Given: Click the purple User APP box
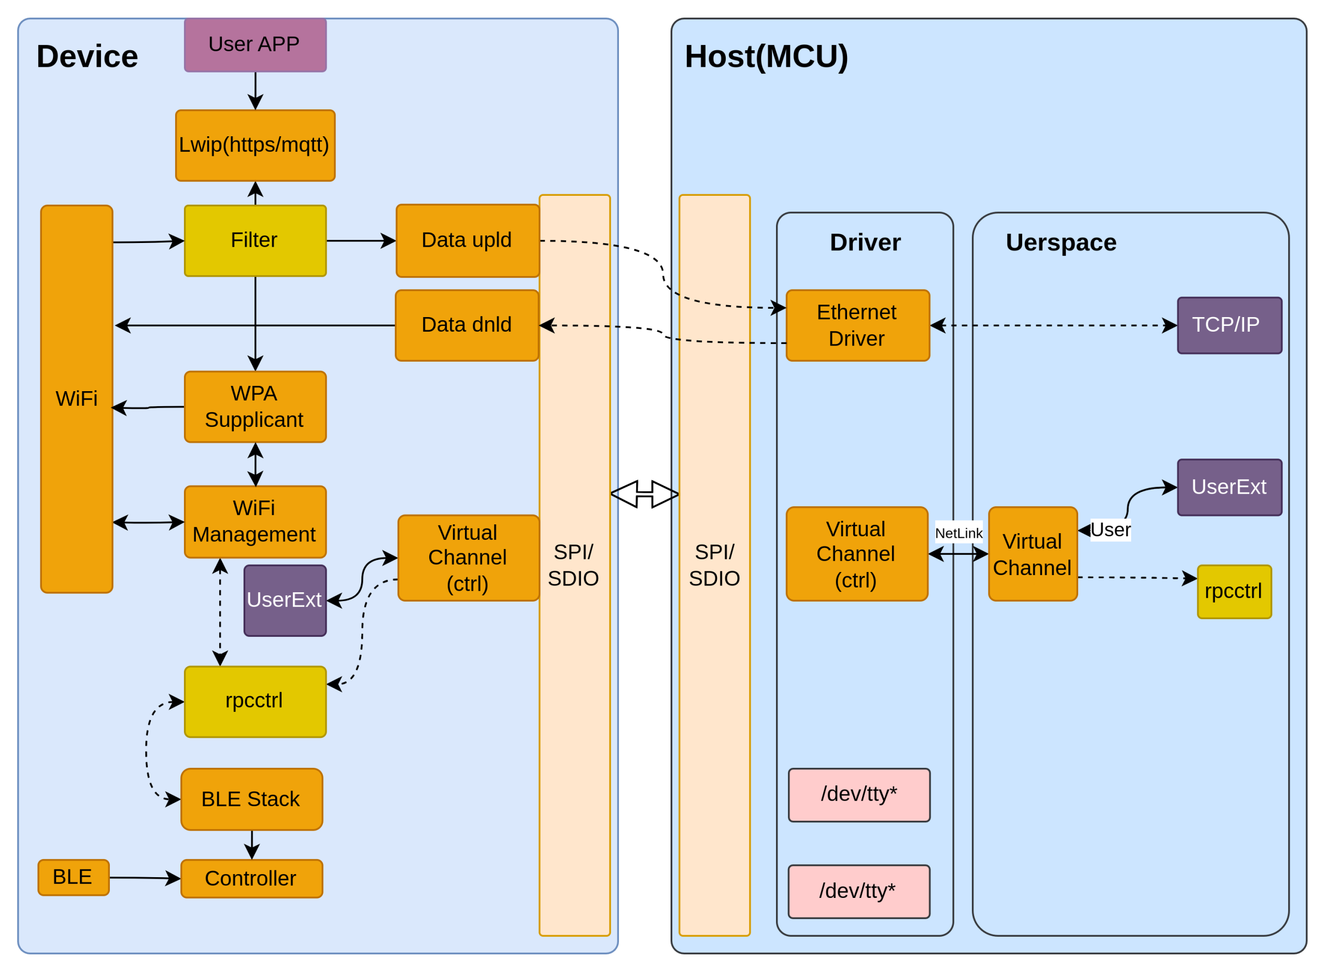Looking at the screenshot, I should [x=255, y=45].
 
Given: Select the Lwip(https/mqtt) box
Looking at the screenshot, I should [x=255, y=145].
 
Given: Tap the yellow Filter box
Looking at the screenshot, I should [x=255, y=240].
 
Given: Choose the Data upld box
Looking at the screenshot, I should [x=467, y=240].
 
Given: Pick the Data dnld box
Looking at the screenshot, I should [x=467, y=325].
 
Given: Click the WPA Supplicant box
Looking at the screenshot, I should [x=255, y=407].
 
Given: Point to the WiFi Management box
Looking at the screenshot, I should [x=255, y=522].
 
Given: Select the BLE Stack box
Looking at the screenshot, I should [x=251, y=799].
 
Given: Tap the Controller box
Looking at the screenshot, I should [x=251, y=878].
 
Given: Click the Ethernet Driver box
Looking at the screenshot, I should [x=857, y=325].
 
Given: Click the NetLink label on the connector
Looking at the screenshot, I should [x=958, y=533].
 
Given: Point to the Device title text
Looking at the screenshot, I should [x=87, y=56].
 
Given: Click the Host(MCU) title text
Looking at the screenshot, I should [x=766, y=56].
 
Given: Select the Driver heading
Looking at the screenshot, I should [x=865, y=242].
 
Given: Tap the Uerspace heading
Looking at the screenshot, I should [x=1061, y=242].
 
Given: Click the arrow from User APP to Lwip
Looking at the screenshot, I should [x=256, y=91].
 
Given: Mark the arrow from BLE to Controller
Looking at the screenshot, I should [x=145, y=878].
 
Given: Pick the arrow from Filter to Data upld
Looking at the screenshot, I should [x=361, y=240].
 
